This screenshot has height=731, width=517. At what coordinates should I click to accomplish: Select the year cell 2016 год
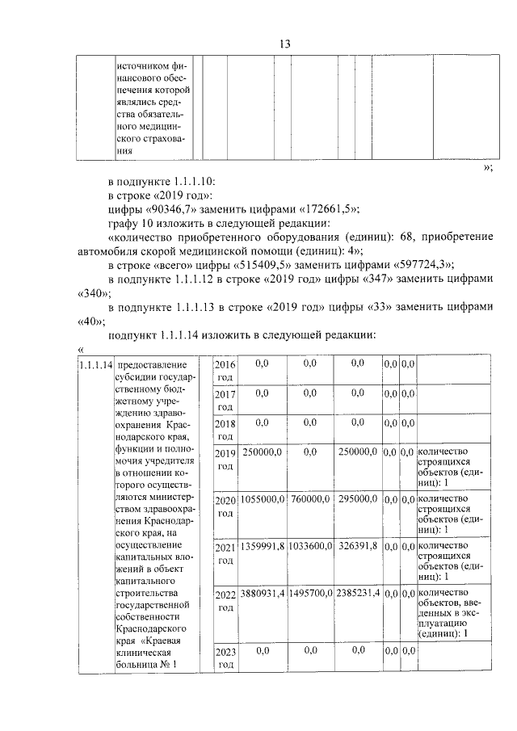pyautogui.click(x=225, y=371)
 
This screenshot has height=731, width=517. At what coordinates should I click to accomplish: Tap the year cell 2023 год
pyautogui.click(x=225, y=658)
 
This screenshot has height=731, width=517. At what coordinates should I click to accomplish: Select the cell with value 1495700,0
pyautogui.click(x=310, y=594)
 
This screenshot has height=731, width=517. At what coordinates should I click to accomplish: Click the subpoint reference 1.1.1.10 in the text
pyautogui.click(x=191, y=181)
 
